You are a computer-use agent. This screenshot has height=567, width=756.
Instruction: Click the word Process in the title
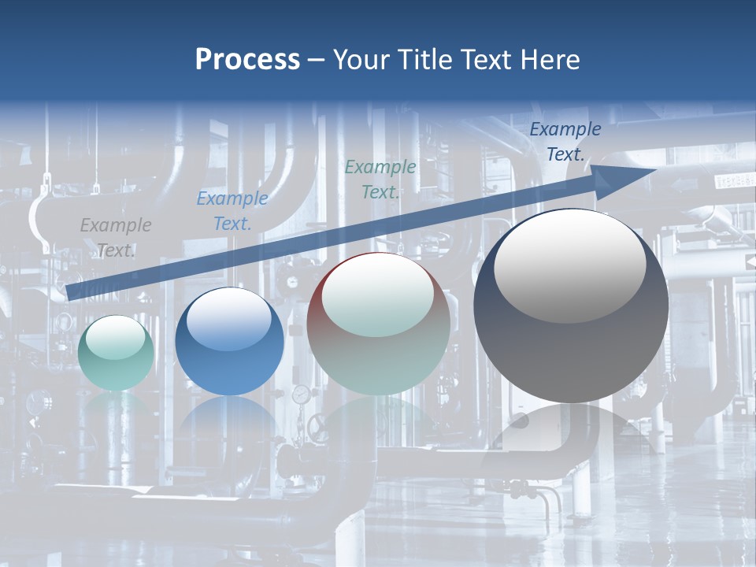[x=247, y=60]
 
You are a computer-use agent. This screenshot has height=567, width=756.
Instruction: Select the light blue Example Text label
[x=232, y=211]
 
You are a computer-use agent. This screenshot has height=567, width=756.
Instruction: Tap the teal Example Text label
[x=380, y=180]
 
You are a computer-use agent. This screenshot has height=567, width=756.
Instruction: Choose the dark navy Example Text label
[x=565, y=142]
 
